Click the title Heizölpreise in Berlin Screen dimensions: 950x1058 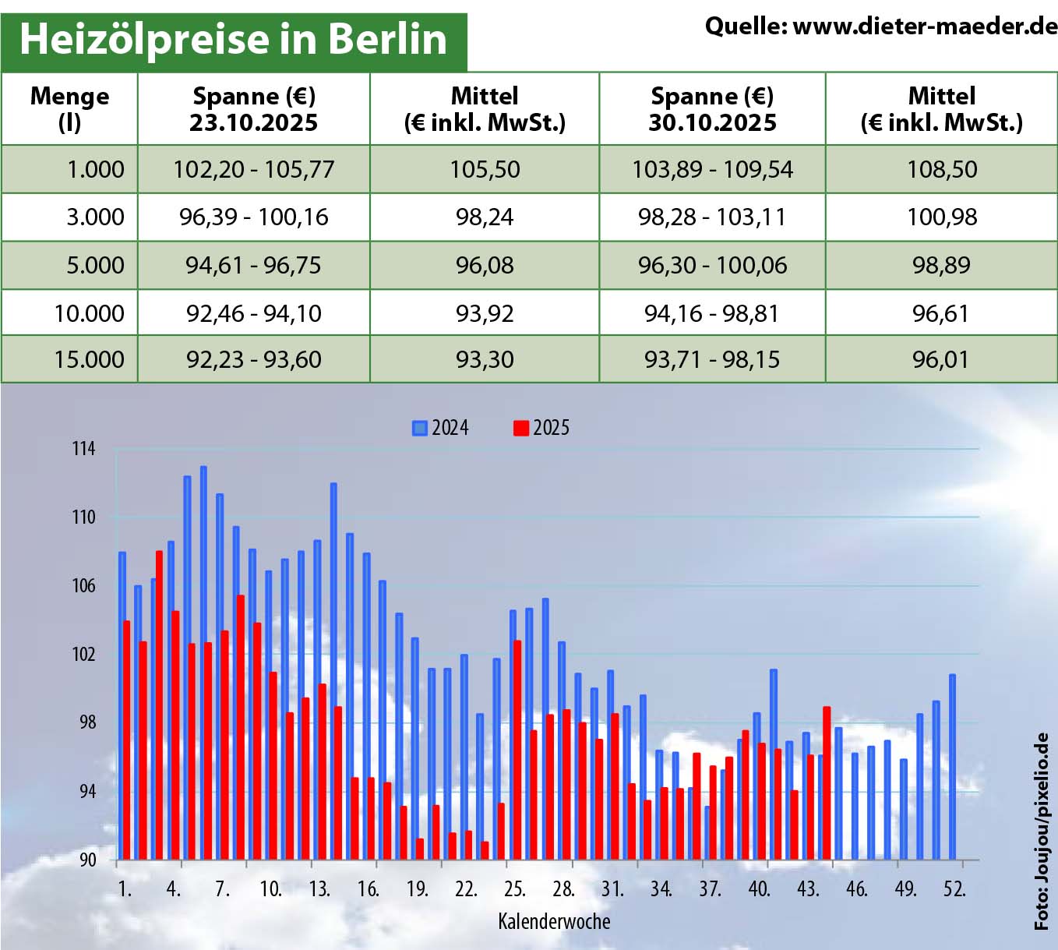click(233, 39)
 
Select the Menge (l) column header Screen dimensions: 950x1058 click(69, 109)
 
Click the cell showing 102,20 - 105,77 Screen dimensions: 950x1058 click(253, 169)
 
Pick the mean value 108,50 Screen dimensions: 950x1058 click(941, 169)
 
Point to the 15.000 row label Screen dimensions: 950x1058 click(89, 359)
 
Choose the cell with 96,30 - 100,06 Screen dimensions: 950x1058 click(712, 265)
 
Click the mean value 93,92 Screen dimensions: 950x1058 click(485, 313)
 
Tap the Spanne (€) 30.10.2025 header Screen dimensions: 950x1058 click(712, 109)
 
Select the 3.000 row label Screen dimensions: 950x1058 click(95, 217)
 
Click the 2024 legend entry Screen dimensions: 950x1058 click(441, 428)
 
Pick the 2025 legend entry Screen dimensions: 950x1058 click(541, 428)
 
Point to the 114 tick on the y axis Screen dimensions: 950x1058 click(83, 449)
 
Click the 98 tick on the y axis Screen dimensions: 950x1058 click(86, 722)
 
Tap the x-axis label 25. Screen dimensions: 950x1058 click(514, 889)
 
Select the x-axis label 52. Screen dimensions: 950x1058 click(954, 889)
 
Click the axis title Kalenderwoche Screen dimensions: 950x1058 click(554, 922)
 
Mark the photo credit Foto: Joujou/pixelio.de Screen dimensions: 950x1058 click(1042, 831)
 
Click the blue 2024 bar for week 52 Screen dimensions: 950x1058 click(952, 768)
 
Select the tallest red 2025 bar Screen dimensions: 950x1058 click(159, 705)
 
